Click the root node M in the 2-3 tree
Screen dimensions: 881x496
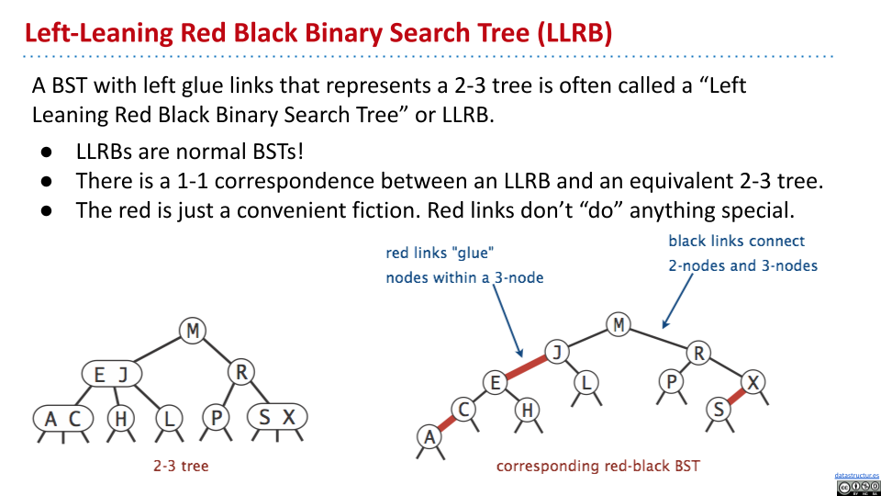193,330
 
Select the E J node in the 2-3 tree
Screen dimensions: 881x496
112,374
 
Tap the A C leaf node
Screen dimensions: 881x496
63,419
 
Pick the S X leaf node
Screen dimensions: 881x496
277,417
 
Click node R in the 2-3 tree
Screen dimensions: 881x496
241,372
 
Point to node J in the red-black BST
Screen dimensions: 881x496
557,352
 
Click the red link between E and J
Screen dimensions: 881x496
526,367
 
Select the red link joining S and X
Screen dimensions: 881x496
736,396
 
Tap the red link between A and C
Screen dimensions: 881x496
447,423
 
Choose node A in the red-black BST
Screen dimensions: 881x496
429,436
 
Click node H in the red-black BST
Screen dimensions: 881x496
527,410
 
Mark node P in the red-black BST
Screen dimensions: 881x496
671,382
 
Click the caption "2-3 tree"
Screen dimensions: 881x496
181,466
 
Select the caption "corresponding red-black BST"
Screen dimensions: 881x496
597,467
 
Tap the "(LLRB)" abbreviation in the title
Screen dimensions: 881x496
574,33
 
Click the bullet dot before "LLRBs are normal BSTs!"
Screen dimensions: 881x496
47,152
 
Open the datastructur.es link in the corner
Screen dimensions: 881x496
857,476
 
